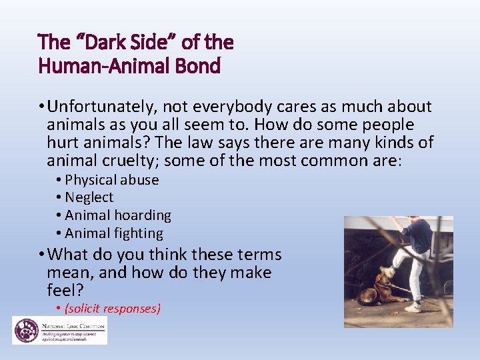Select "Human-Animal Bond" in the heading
[x=129, y=67]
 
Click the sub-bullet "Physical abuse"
[x=111, y=180]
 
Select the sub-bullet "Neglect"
[x=89, y=198]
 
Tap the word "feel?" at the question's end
[x=64, y=291]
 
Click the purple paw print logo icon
[x=25, y=329]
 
